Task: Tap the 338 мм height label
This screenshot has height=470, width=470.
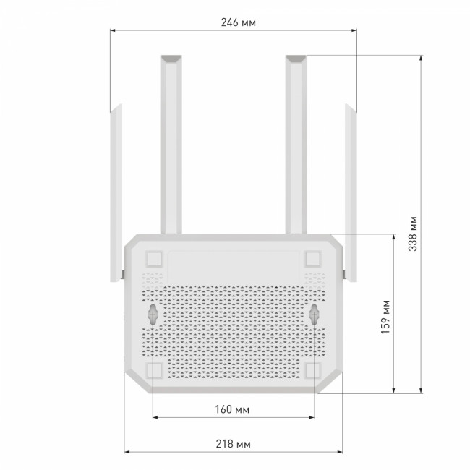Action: [411, 232]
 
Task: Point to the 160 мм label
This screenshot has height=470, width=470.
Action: [233, 410]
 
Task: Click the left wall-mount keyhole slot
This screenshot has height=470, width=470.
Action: [153, 314]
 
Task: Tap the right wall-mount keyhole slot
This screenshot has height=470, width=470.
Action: [315, 314]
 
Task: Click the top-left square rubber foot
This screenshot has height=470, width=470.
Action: [153, 259]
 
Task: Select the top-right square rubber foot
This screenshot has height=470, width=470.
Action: [313, 259]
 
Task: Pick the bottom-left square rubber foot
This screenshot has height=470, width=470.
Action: [153, 369]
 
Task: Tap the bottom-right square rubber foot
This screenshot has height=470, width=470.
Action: [313, 369]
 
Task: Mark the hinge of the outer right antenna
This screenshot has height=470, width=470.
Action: [345, 275]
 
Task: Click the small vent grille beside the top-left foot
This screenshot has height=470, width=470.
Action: [153, 278]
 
